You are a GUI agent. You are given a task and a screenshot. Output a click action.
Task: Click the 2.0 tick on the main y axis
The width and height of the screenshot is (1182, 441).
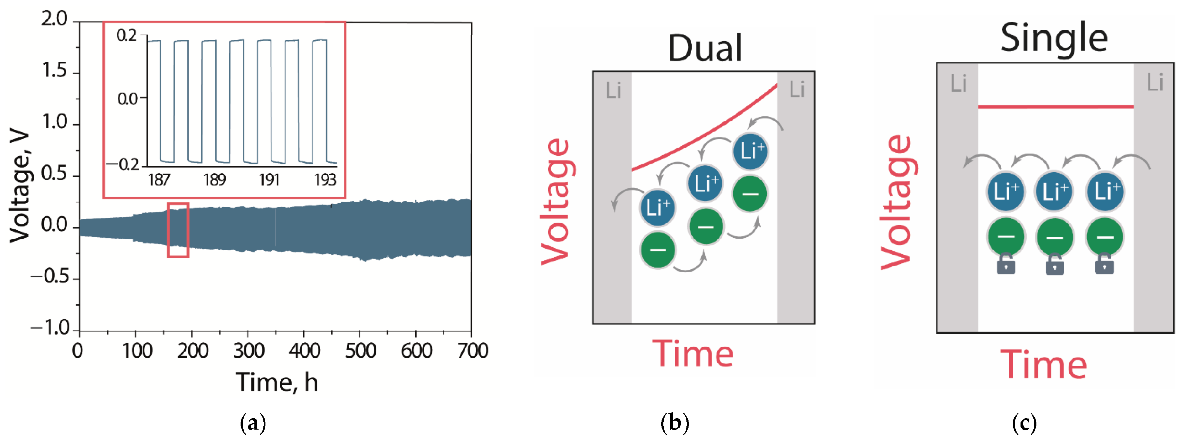tap(54, 19)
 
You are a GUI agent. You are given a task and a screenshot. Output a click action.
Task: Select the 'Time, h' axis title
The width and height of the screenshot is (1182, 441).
tap(277, 382)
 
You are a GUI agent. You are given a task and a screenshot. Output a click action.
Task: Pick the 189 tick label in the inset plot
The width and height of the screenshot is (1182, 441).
tap(214, 180)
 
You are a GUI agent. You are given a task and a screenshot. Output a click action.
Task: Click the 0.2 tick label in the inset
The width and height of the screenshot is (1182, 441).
tap(127, 35)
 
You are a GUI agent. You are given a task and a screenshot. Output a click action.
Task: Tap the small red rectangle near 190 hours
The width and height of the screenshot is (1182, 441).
tap(178, 230)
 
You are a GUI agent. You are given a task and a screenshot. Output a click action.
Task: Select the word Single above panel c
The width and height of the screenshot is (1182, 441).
tap(1054, 38)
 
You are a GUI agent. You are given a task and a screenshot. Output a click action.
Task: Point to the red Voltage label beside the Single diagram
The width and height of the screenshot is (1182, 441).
tap(896, 202)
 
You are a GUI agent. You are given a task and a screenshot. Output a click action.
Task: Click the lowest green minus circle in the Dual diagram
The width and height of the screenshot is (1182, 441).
tap(658, 250)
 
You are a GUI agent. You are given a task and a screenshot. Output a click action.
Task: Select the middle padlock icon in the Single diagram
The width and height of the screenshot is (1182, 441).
tap(1054, 265)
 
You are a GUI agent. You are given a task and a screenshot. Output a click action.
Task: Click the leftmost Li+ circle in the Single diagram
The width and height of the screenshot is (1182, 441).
tap(1005, 191)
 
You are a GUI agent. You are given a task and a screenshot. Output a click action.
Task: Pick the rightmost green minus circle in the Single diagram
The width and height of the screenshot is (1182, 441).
tap(1105, 237)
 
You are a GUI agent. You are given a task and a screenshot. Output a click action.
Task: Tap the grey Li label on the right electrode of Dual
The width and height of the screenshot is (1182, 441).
tap(796, 89)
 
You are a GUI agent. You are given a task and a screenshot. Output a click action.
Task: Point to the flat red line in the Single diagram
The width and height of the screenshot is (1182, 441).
tap(1055, 107)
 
